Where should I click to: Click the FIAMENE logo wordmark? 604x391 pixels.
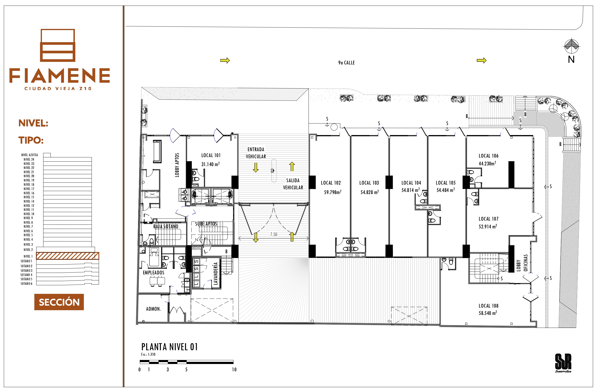click(x=60, y=75)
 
